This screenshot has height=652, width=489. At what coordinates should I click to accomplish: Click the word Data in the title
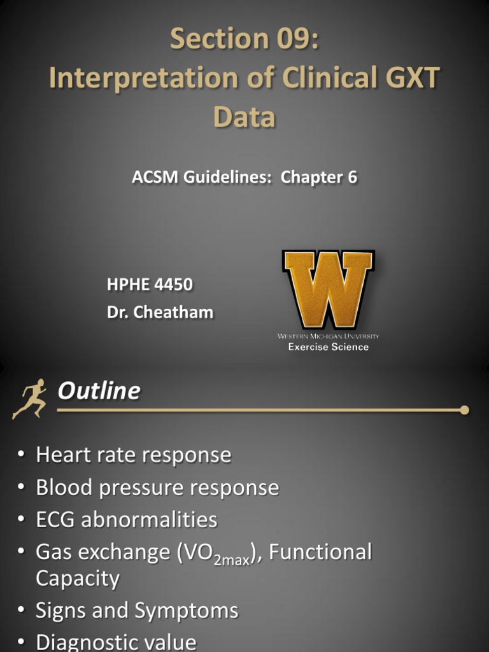tap(244, 117)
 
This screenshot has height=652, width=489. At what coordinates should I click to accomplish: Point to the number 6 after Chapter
tap(351, 178)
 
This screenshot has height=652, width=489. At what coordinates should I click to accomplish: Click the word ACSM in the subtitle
tap(155, 178)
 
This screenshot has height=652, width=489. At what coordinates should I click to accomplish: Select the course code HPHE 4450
tap(150, 285)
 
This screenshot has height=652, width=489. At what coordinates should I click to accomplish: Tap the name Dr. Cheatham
tap(160, 312)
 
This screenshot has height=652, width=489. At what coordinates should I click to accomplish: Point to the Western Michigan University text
tap(328, 336)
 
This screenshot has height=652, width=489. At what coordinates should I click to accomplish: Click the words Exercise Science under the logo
tap(328, 347)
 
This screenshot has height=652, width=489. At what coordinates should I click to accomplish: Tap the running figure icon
tap(29, 399)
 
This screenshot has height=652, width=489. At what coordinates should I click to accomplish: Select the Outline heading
tap(99, 390)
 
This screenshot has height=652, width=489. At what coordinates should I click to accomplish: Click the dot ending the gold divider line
tap(464, 410)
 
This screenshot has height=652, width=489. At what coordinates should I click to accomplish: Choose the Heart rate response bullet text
tap(133, 455)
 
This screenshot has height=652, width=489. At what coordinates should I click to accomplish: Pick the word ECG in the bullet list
tap(56, 520)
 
